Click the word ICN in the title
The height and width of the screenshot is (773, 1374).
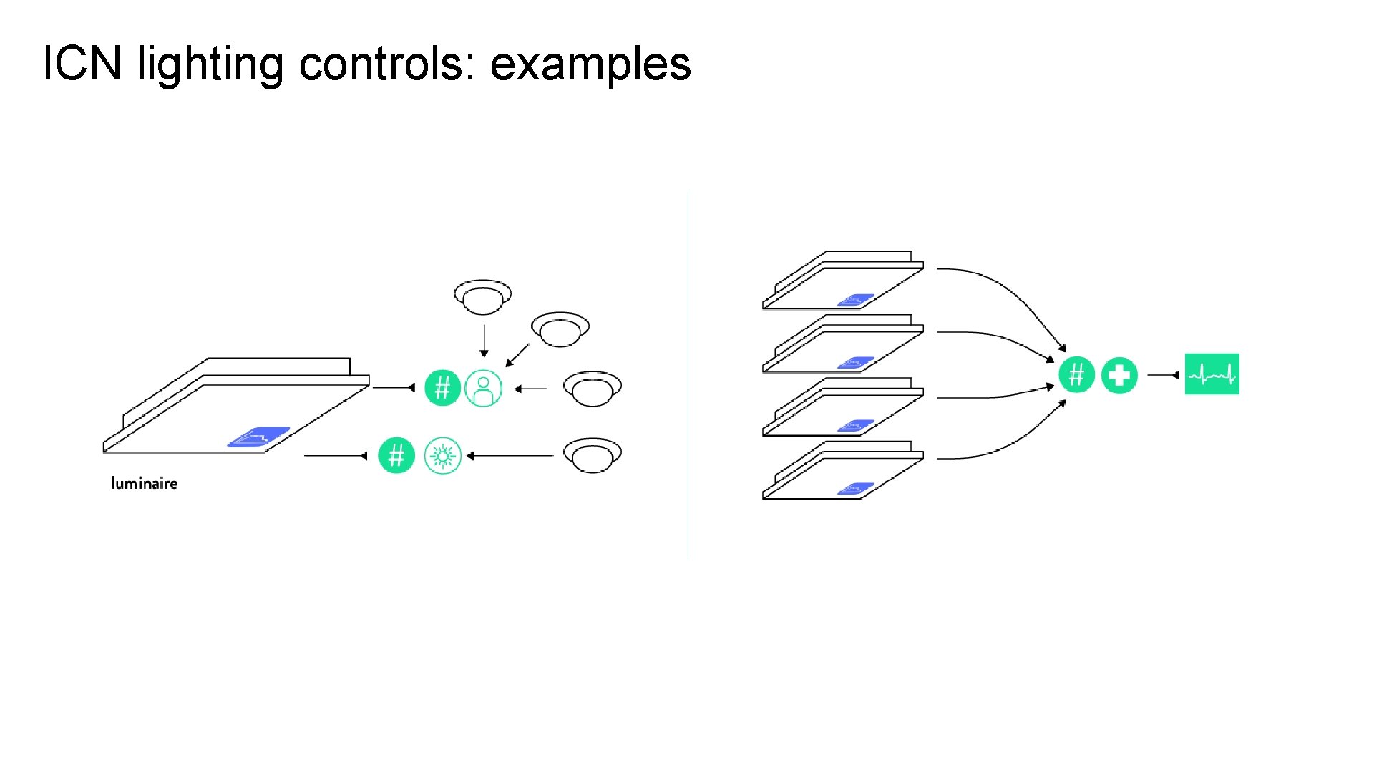(82, 63)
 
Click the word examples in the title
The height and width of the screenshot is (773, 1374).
(590, 64)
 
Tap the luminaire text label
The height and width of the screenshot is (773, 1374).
(144, 484)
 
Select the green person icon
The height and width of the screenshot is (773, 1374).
(484, 389)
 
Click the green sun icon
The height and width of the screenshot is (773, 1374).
(442, 456)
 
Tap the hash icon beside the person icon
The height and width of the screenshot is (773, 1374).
(442, 388)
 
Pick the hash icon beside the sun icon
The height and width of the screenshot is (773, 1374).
(396, 456)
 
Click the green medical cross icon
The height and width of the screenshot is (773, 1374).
(1119, 375)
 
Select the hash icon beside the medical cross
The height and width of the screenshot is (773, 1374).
(1076, 375)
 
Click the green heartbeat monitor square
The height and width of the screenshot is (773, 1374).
(1212, 374)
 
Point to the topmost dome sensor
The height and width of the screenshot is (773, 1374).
(483, 296)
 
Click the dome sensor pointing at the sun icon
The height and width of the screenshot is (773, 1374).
(592, 455)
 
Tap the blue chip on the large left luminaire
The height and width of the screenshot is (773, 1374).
(258, 437)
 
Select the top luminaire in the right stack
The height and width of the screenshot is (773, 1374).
(843, 281)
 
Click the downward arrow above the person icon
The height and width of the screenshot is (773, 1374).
(484, 341)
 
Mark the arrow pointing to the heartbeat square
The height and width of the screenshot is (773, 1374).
(1164, 375)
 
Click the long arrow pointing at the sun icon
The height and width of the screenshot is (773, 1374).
(510, 456)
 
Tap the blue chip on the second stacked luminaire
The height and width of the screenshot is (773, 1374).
(856, 363)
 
